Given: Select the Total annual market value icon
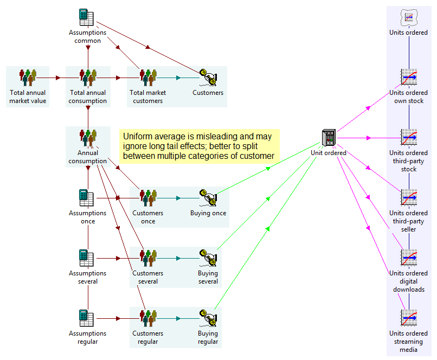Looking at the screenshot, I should (x=28, y=78).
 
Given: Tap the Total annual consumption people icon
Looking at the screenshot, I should (x=88, y=78).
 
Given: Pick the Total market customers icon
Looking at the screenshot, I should (x=148, y=78).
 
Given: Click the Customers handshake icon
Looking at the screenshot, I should (x=208, y=78).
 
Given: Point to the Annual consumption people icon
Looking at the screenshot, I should (x=88, y=139).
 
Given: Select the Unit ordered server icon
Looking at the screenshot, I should (x=329, y=138).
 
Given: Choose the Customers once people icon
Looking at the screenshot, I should (x=148, y=198).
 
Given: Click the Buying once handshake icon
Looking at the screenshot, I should (x=208, y=198).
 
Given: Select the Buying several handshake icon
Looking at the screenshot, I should (x=208, y=258).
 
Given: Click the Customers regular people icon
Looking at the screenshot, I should (x=148, y=318).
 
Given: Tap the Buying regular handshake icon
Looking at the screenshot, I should (x=208, y=318).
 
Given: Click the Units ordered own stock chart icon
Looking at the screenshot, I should (x=408, y=78).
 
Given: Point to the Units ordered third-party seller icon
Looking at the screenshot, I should (x=408, y=198).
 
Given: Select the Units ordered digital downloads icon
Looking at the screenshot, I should (x=408, y=258).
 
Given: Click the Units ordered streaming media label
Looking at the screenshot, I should (x=408, y=342).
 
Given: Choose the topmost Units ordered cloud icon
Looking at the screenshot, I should (x=408, y=17).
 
